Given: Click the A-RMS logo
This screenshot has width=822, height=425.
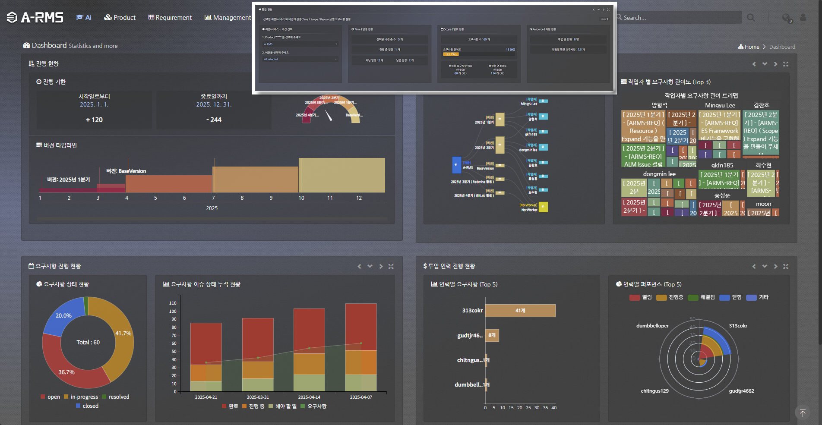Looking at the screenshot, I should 35,17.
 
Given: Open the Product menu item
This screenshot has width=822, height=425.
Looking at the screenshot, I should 120,18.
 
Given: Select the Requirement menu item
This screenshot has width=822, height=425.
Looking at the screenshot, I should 170,18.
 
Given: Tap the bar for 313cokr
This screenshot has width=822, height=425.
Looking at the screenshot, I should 520,311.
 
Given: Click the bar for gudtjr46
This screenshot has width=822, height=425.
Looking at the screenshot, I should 492,335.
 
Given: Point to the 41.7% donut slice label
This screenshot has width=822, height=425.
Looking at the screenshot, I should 123,334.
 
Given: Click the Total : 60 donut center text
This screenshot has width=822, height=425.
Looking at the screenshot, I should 88,343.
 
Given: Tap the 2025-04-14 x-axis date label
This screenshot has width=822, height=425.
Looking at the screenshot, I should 309,397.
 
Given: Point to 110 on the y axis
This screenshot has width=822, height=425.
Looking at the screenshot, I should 173,303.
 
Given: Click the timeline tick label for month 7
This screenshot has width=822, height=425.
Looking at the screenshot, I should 213,198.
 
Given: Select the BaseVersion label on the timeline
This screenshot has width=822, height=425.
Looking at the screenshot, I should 126,171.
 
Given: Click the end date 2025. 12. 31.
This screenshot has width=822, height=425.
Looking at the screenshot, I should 214,104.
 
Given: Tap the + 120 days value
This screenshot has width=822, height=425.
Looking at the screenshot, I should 94,120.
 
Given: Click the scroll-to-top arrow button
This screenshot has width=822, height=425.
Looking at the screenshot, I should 802,413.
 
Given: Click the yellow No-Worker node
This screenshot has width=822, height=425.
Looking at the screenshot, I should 543,207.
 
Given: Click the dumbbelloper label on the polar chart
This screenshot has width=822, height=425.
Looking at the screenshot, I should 652,326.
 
